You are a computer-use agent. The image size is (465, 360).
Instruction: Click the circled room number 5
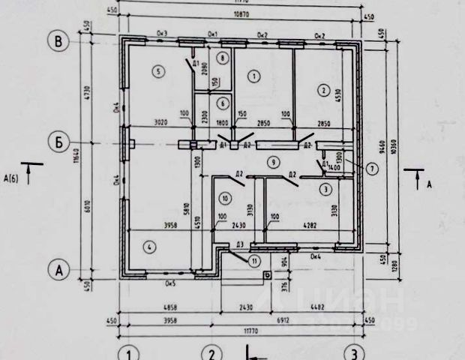click(x=157, y=72)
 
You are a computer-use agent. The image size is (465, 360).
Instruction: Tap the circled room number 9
click(x=274, y=160)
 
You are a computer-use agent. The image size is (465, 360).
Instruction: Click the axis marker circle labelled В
click(x=58, y=40)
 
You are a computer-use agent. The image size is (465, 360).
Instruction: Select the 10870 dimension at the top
click(x=241, y=15)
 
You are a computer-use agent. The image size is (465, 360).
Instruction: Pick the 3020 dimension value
click(x=159, y=121)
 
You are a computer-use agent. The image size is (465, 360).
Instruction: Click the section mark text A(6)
click(x=11, y=177)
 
